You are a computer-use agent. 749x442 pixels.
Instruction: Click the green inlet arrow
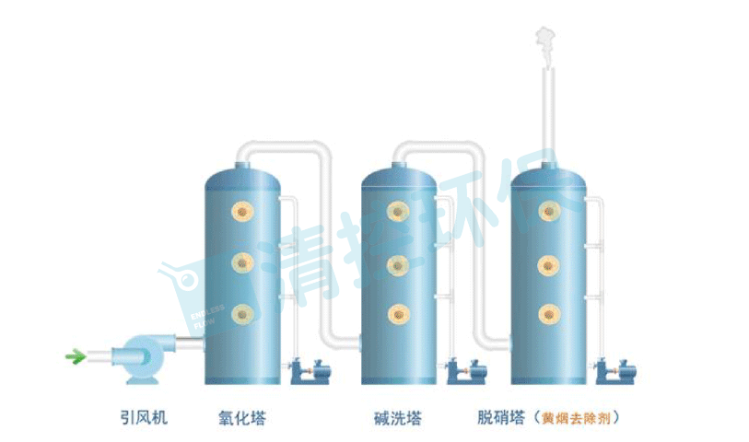point(75,355)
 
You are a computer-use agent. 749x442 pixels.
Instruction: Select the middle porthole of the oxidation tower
point(243,263)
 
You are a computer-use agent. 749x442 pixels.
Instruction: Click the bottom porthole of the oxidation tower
point(243,314)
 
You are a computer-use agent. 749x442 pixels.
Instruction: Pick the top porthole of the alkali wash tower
point(398,213)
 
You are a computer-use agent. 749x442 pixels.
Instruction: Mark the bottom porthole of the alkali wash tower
point(398,314)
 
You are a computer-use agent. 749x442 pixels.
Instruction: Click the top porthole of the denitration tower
point(551,213)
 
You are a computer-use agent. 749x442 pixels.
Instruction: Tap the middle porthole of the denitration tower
point(551,263)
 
